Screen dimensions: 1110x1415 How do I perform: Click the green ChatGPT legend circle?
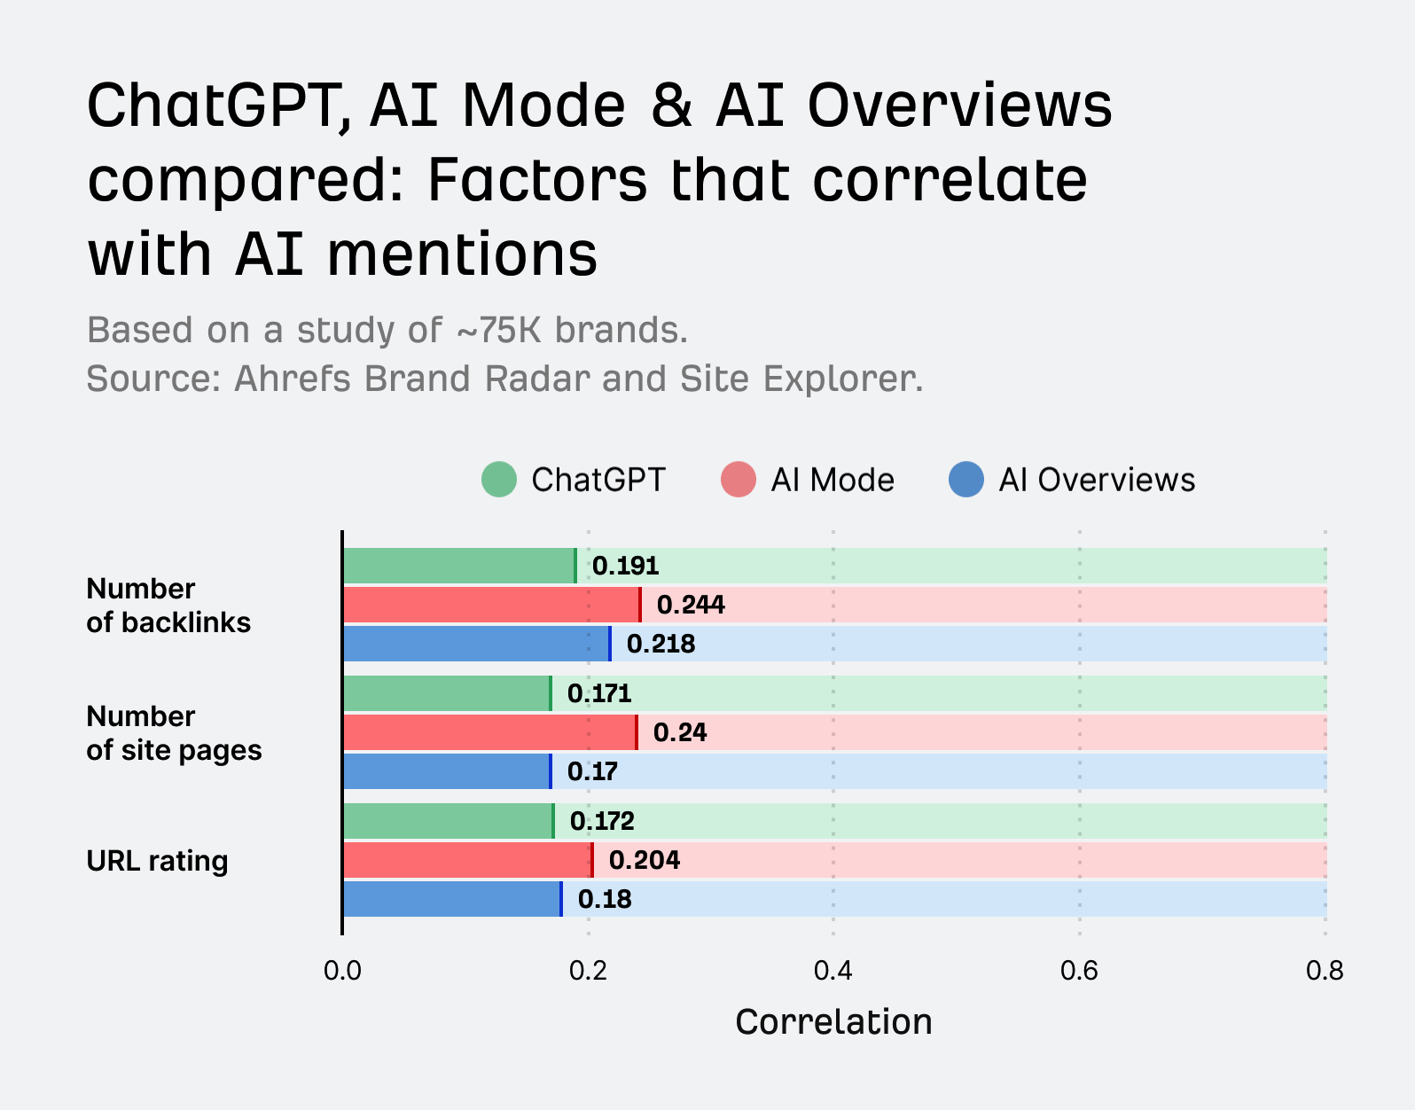(499, 480)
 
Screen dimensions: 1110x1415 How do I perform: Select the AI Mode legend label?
(833, 480)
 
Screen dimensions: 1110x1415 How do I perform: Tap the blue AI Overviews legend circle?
(966, 480)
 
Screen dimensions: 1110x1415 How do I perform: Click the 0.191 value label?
(625, 566)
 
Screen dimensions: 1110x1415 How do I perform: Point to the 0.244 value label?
(691, 605)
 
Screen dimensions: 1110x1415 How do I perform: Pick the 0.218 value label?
(661, 644)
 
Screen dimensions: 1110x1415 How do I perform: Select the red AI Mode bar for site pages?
(489, 732)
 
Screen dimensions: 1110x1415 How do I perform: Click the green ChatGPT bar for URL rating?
(448, 821)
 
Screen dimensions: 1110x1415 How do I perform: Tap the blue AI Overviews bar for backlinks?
(476, 644)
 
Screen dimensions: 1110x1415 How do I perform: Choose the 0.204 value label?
(644, 860)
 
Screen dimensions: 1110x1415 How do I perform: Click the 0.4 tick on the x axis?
(833, 971)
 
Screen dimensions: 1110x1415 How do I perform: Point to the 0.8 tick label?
(1325, 971)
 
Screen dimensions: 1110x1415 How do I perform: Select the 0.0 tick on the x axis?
(342, 971)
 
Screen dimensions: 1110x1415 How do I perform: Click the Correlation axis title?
(833, 1022)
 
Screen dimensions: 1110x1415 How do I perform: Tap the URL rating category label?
(157, 861)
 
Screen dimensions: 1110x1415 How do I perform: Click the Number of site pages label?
(174, 733)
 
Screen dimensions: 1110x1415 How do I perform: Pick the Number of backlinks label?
(168, 606)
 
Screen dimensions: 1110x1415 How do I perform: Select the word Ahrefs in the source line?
(293, 379)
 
